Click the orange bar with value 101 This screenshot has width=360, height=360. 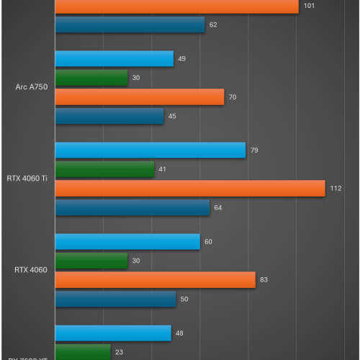pos(176,6)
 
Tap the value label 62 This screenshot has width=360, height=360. pos(213,25)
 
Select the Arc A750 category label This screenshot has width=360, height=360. pos(32,87)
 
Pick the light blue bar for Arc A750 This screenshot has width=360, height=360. pos(114,59)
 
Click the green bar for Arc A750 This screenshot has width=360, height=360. pos(91,78)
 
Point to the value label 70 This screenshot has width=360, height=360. pos(233,97)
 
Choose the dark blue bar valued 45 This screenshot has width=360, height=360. pos(109,116)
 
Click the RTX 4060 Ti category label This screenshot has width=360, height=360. pos(27,179)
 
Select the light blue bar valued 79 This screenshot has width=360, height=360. pos(150,150)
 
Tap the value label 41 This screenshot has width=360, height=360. pos(163,170)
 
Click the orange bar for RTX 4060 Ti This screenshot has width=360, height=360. pos(190,189)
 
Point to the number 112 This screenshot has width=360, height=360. pos(335,189)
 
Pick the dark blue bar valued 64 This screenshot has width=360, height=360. pos(132,207)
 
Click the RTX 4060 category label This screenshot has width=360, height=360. pos(31,271)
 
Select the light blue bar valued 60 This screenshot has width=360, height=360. pos(127,242)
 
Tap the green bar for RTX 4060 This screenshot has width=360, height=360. pos(91,261)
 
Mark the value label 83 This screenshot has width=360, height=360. pos(264,280)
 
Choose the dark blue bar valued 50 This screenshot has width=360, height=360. pos(115,299)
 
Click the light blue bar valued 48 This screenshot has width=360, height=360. pos(113,333)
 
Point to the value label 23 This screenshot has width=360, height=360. pos(119,352)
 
